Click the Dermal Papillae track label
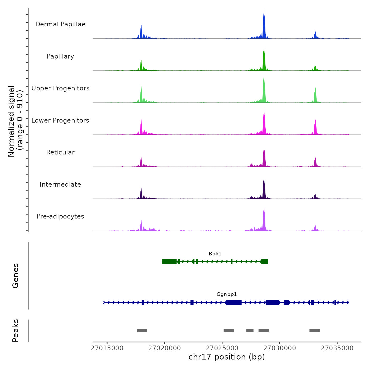click(60, 24)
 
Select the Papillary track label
click(60, 56)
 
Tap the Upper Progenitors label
click(60, 88)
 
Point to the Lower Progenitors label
click(60, 120)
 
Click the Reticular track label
click(60, 152)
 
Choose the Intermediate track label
click(60, 184)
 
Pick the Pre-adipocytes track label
click(60, 216)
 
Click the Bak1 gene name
click(215, 254)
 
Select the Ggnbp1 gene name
click(227, 294)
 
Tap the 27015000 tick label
click(107, 348)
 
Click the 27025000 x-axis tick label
click(222, 348)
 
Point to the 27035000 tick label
click(337, 348)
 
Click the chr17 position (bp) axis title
click(227, 357)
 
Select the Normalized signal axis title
click(15, 121)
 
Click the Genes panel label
click(16, 276)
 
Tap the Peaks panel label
click(16, 331)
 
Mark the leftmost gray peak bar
click(142, 331)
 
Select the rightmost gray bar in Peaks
click(315, 331)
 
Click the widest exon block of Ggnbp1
click(234, 302)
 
